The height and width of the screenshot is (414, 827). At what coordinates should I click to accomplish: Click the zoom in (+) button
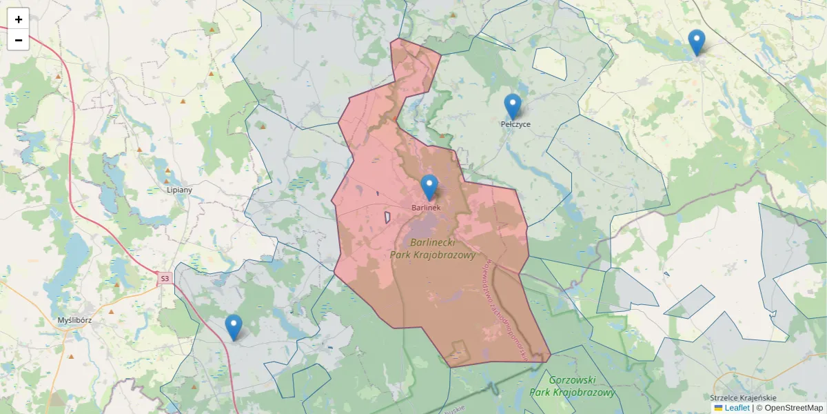point(19,19)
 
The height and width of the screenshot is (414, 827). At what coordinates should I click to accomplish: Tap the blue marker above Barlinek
point(429,187)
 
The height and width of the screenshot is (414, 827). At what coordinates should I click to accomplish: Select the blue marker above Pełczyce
point(512,106)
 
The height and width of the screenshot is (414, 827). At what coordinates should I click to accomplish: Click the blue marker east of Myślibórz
point(234,327)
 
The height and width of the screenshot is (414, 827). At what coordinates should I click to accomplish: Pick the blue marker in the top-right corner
point(697,42)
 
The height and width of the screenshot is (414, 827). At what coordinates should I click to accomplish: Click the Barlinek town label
point(426,207)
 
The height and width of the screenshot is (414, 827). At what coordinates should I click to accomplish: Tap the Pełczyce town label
point(515,124)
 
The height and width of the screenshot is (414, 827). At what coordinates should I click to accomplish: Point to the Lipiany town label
point(179,189)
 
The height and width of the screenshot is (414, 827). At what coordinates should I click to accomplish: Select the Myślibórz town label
point(75,320)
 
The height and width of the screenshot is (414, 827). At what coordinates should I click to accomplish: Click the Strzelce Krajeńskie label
point(743,398)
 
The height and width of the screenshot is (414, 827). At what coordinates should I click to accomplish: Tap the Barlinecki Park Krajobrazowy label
point(433,248)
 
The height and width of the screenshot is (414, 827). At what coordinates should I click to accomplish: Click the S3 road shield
point(164,279)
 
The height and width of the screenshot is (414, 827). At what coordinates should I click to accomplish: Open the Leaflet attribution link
point(737,408)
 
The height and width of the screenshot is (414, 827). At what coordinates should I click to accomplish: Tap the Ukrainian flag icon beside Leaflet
point(719,408)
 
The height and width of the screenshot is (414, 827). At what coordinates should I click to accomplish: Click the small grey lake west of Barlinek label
point(387,217)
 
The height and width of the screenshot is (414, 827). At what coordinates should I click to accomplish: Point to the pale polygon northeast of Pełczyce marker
point(549,62)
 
